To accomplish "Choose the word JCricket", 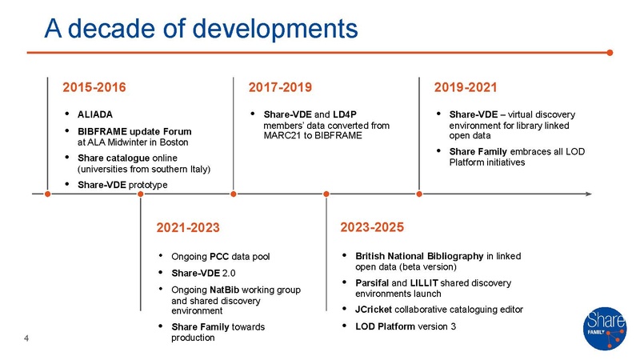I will pyautogui.click(x=375, y=309).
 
